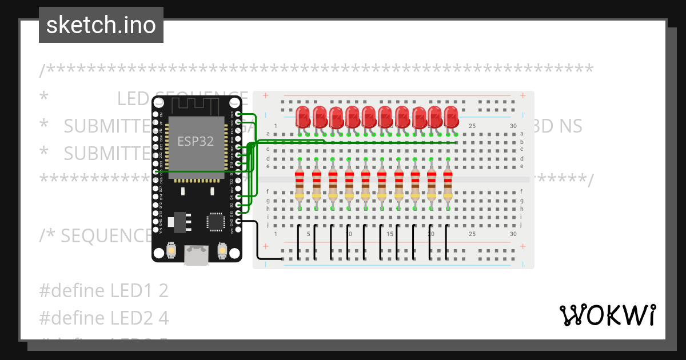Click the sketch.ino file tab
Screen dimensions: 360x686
101,25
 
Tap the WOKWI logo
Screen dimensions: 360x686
607,315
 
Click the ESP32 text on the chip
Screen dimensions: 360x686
196,141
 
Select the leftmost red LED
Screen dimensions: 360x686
303,117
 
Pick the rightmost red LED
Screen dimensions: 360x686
451,117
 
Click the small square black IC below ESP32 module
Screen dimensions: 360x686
216,222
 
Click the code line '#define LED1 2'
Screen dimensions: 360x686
103,291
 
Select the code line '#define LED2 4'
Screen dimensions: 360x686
103,317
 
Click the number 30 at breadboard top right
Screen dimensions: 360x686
513,126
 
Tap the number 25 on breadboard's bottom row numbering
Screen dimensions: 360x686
472,234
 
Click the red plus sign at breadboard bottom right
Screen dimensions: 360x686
522,246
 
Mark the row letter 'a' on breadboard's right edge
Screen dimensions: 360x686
521,134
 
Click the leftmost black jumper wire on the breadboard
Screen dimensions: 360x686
299,243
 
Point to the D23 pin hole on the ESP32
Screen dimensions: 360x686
238,115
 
